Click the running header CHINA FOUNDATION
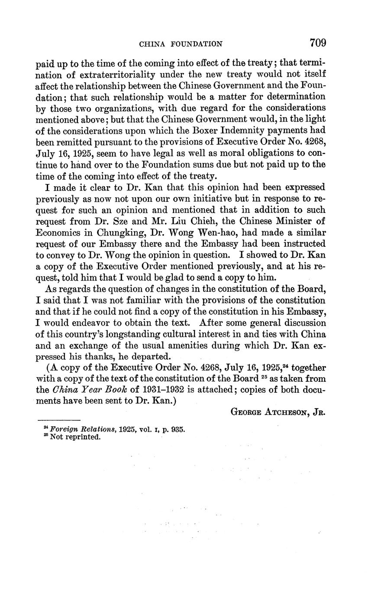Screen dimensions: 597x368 pyautogui.click(x=181, y=44)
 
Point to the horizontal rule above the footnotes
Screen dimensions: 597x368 pyautogui.click(x=59, y=420)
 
